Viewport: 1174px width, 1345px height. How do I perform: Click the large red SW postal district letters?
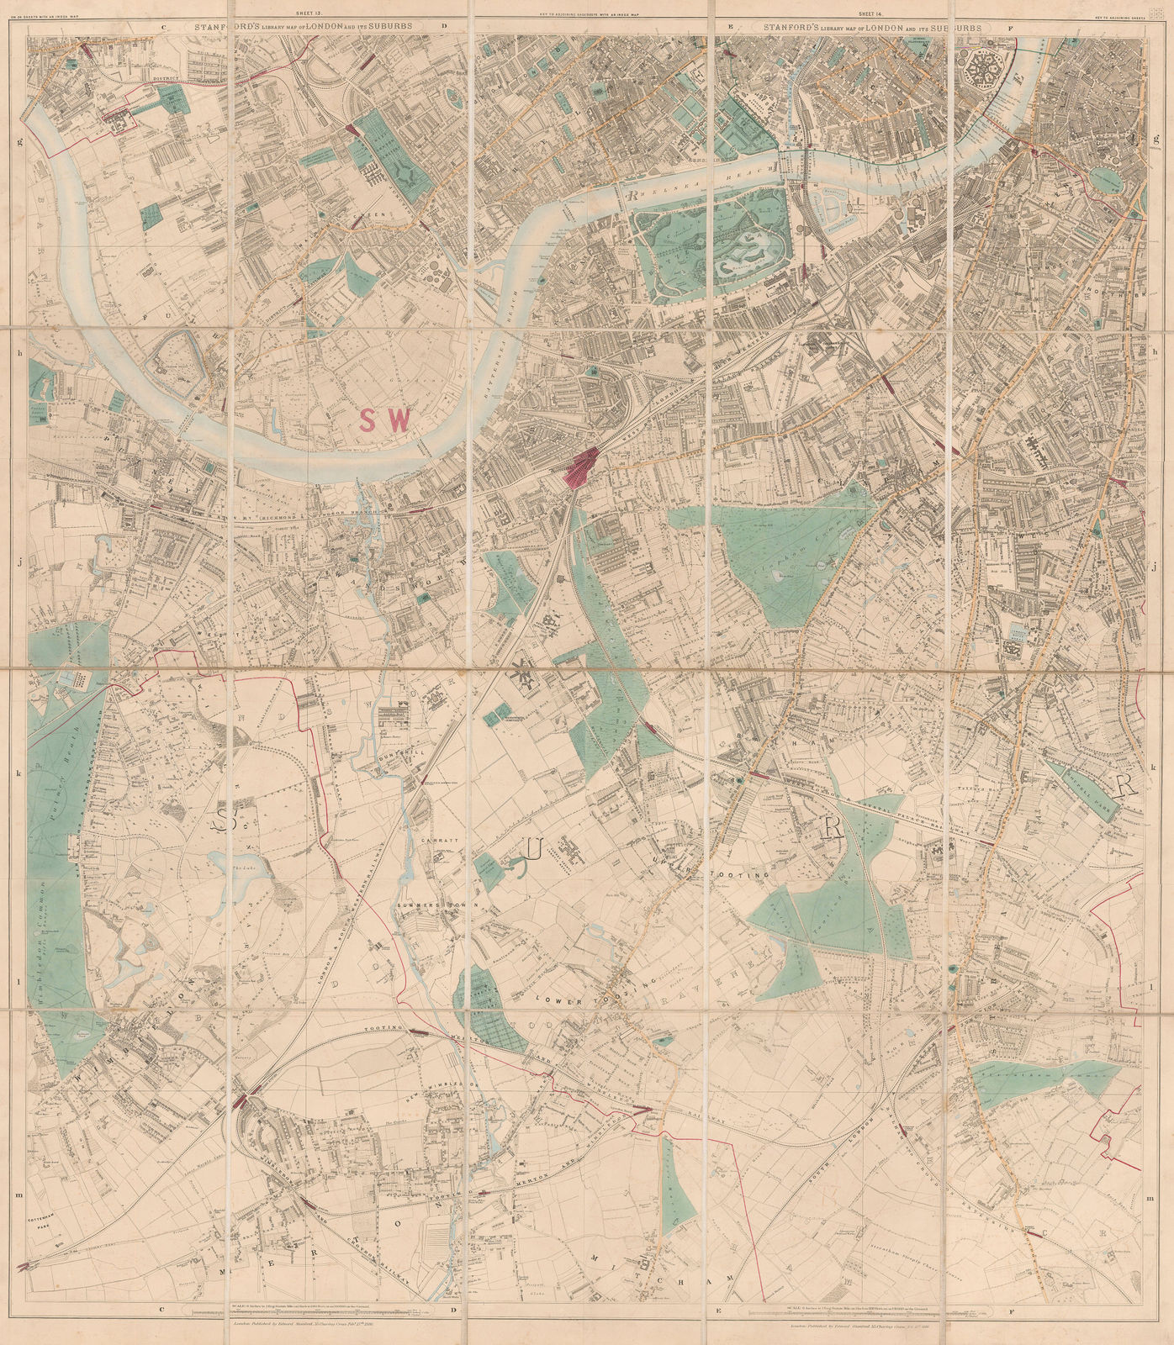(x=384, y=419)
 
